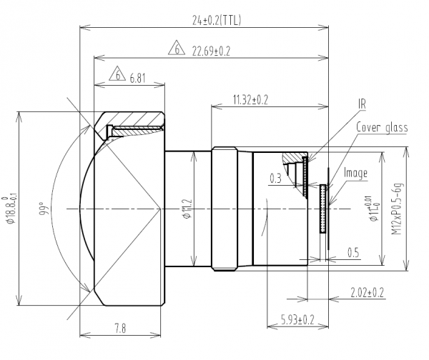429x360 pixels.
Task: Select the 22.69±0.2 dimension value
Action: click(212, 50)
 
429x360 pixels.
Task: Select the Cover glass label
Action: click(382, 128)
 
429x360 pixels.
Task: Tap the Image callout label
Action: click(355, 172)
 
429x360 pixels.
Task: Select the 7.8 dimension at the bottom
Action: click(119, 328)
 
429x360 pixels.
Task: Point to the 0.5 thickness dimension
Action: click(352, 252)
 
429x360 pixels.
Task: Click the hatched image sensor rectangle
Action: click(323, 208)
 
